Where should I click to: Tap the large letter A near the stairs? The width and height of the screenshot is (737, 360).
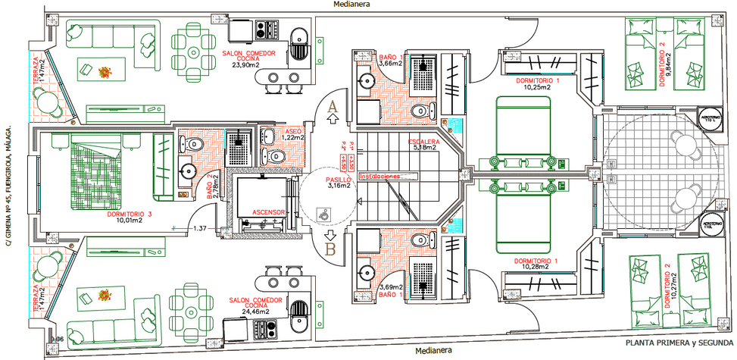tap(330, 108)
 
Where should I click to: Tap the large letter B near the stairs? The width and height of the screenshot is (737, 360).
tap(330, 247)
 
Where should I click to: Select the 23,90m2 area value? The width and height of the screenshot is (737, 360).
tap(245, 65)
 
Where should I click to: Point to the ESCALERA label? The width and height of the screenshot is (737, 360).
tap(425, 142)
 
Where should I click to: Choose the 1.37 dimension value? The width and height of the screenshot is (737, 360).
tap(201, 228)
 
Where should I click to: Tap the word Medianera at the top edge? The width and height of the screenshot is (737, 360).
tap(353, 5)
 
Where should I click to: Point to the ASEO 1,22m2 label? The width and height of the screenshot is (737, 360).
tap(293, 134)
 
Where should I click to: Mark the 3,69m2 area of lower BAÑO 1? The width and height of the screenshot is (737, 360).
tap(389, 287)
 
